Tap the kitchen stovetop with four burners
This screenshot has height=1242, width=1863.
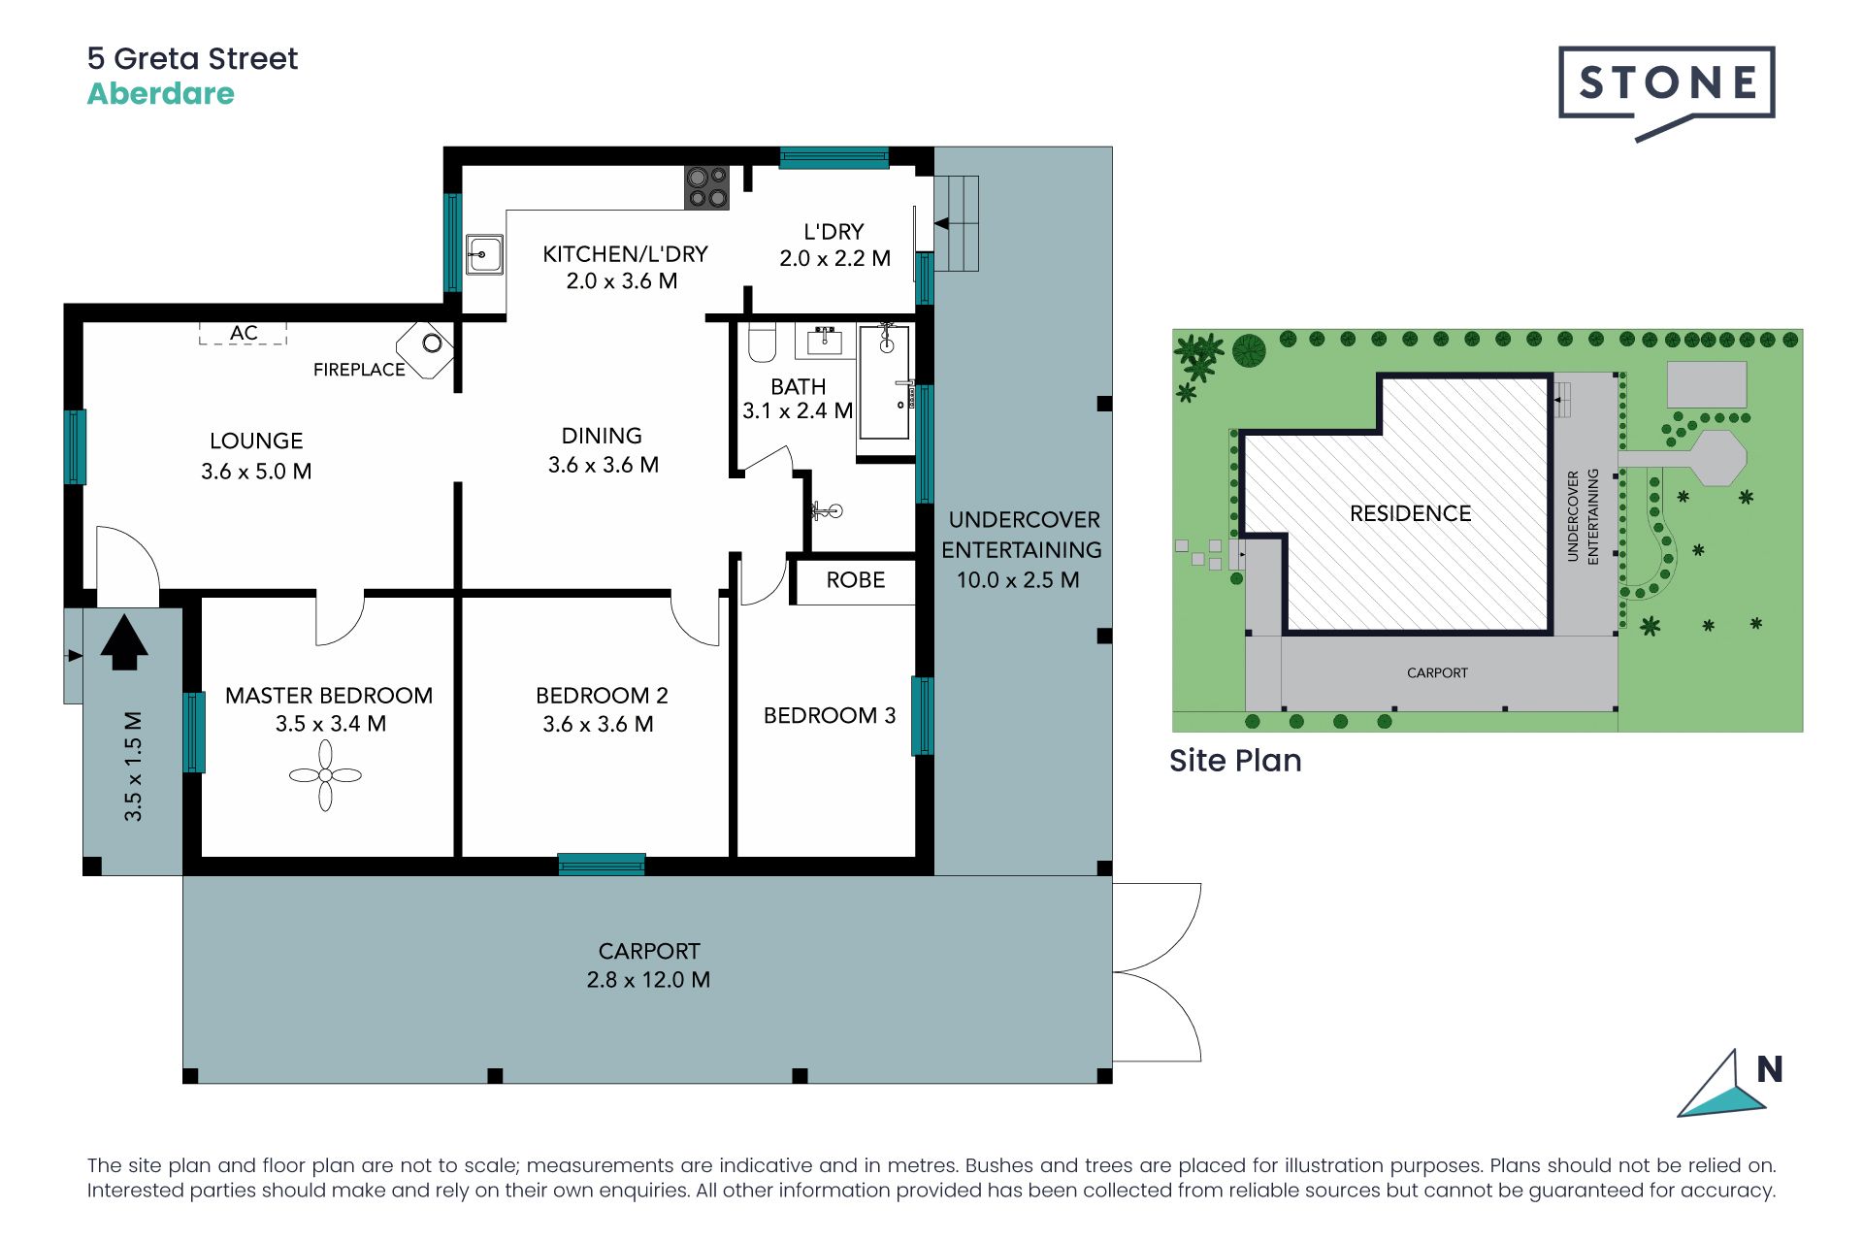pos(706,188)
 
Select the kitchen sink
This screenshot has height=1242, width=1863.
pos(484,254)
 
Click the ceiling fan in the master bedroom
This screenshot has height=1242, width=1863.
pos(325,774)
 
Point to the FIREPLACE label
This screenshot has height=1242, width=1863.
pos(359,370)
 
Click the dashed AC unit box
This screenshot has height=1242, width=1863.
pos(243,333)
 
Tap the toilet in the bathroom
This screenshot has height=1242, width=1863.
pos(763,343)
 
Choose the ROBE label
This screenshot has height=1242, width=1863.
pos(856,580)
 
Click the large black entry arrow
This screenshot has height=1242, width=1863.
pos(124,641)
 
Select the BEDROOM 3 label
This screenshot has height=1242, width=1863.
pos(830,716)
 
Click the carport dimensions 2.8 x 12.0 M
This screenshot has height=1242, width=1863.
pos(648,980)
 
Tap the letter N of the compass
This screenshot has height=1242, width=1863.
pos(1770,1069)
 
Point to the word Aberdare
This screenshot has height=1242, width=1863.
pos(161,94)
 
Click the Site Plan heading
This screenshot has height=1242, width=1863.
pos(1235,761)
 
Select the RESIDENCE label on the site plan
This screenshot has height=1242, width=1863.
pos(1411,513)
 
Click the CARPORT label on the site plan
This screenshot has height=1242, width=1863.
pos(1437,672)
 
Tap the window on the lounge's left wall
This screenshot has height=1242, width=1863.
pos(76,447)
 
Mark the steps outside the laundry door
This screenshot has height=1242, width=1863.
pos(956,223)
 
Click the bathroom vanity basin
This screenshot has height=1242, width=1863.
pos(826,341)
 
